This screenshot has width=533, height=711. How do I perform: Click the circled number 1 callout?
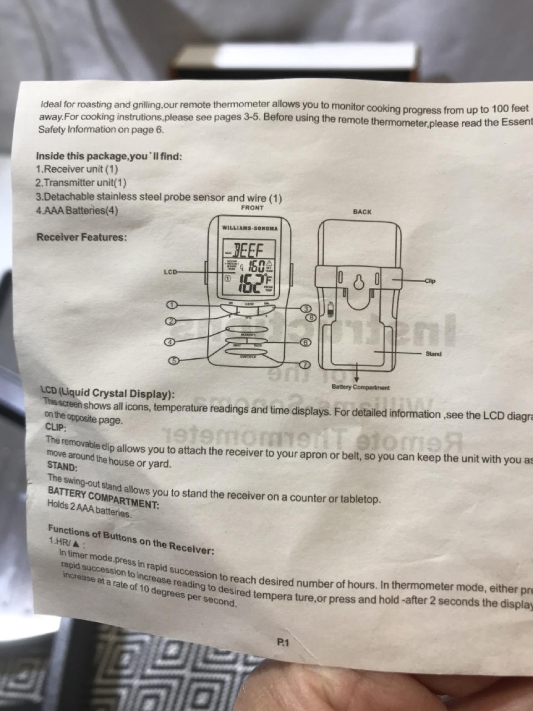coord(173,304)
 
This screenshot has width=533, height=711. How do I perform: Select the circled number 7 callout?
coord(304,365)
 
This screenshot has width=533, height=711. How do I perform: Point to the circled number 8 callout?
coord(312,318)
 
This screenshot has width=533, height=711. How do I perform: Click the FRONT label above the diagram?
coord(253,208)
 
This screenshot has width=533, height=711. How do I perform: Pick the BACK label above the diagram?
coord(362,212)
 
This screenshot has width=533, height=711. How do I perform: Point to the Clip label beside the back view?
coord(430,281)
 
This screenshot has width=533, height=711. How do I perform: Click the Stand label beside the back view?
coord(434,354)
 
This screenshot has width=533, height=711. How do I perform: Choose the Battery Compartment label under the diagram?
coord(360,387)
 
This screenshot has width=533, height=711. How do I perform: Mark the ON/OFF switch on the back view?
coord(331,309)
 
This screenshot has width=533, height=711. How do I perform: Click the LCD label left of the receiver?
coord(170,272)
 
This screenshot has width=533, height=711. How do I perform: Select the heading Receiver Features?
coord(82,237)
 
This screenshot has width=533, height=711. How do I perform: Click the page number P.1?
coord(283,643)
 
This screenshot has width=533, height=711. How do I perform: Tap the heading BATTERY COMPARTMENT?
coord(103,498)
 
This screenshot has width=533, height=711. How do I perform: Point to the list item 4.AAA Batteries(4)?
coord(77,211)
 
